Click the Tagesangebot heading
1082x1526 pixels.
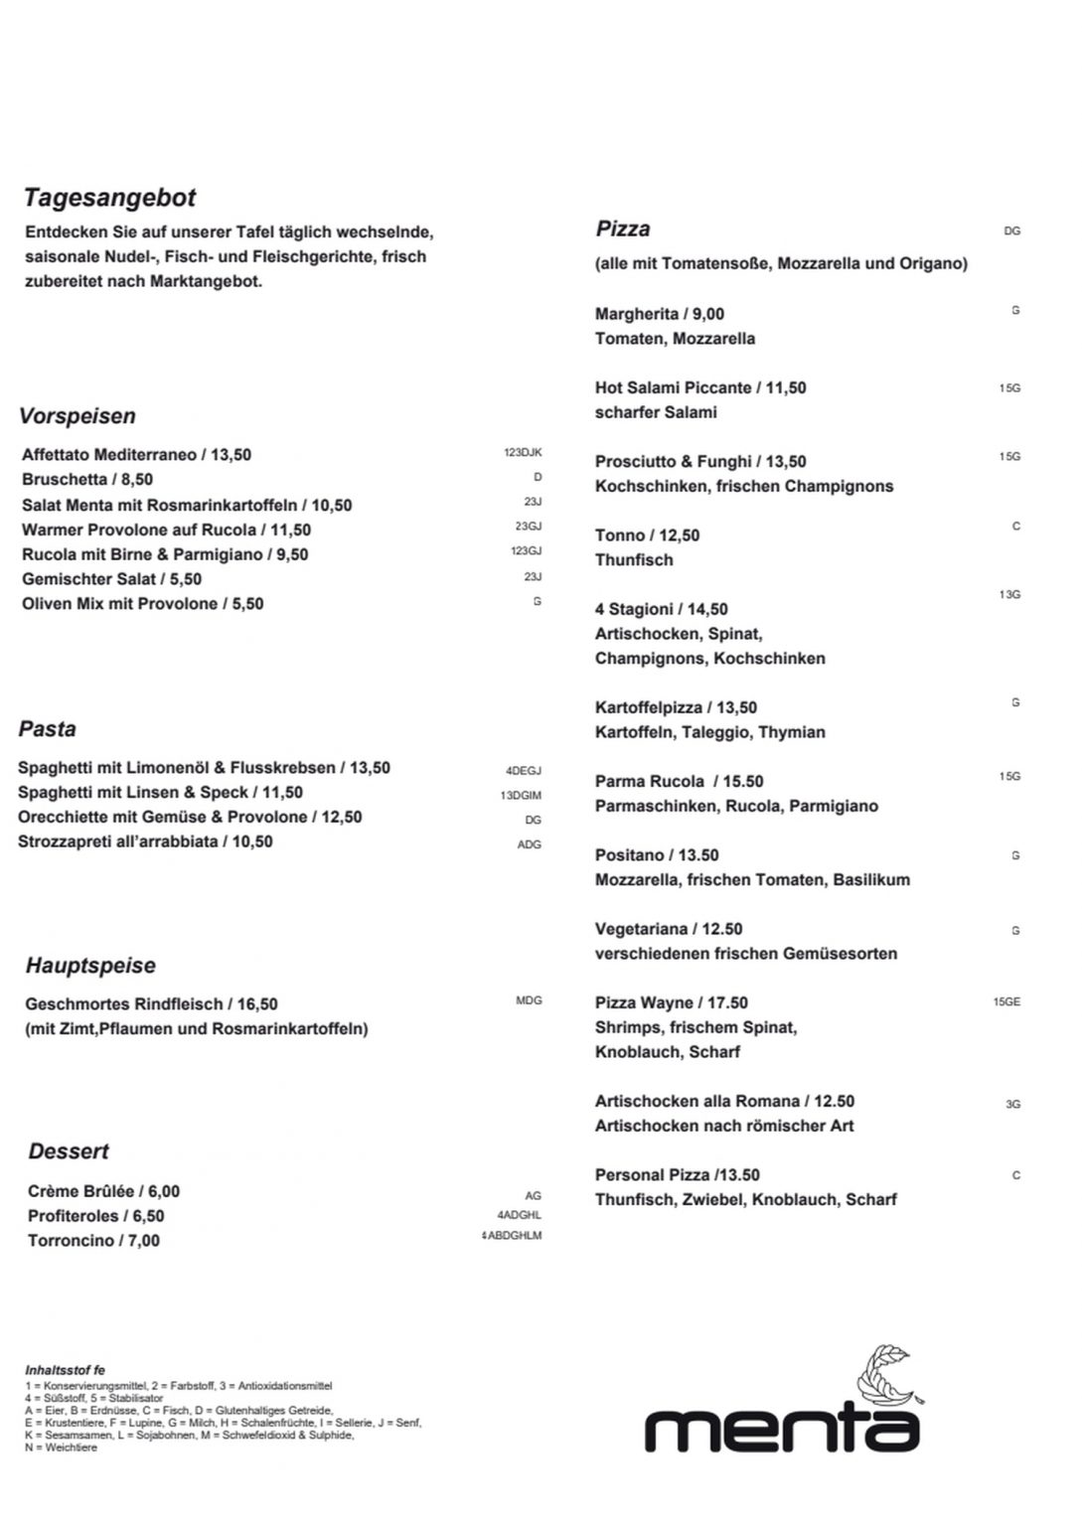pyautogui.click(x=110, y=198)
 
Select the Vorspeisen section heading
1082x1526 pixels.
pyautogui.click(x=77, y=416)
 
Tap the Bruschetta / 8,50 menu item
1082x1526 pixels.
pyautogui.click(x=87, y=480)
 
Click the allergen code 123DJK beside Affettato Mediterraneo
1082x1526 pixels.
pyautogui.click(x=523, y=453)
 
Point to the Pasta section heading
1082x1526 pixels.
pyautogui.click(x=47, y=729)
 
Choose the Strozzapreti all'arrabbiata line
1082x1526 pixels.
pyautogui.click(x=145, y=841)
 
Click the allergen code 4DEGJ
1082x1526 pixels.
pyautogui.click(x=524, y=771)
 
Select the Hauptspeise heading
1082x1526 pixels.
pyautogui.click(x=90, y=966)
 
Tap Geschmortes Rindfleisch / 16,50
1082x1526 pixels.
pyautogui.click(x=151, y=1004)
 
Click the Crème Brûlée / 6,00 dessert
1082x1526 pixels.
pyautogui.click(x=103, y=1191)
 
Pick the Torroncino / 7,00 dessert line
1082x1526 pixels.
pyautogui.click(x=93, y=1241)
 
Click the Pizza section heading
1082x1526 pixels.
pyautogui.click(x=623, y=229)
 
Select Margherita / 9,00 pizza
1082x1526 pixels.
pyautogui.click(x=660, y=314)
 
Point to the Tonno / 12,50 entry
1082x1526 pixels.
pyautogui.click(x=647, y=535)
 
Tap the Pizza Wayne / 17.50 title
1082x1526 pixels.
pyautogui.click(x=672, y=1003)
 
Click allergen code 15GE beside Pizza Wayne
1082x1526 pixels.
pyautogui.click(x=1006, y=1002)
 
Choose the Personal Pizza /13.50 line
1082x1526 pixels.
pyautogui.click(x=678, y=1175)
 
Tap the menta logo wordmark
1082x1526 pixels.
pyautogui.click(x=782, y=1427)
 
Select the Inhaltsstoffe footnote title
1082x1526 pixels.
pyautogui.click(x=65, y=1371)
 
